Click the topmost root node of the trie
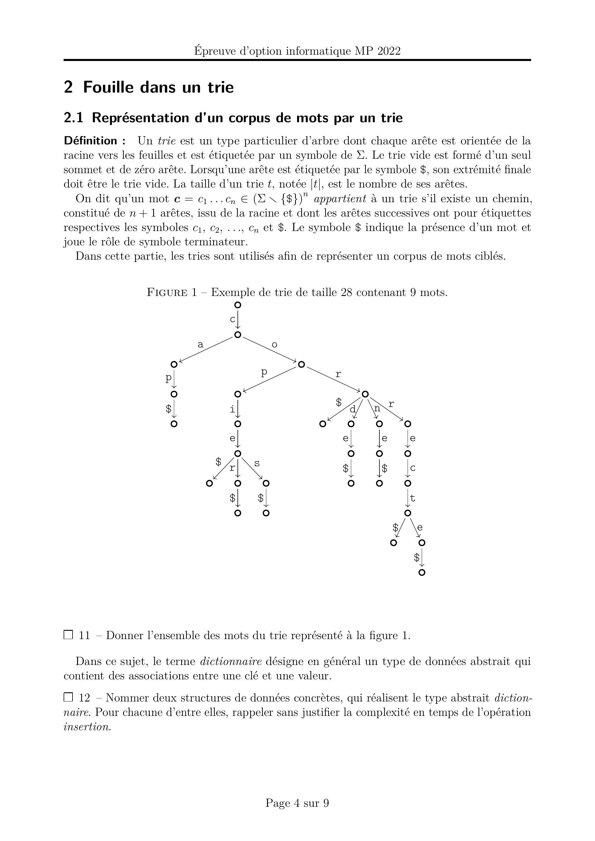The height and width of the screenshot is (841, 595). pos(237,305)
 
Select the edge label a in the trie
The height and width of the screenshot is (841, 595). pos(200,345)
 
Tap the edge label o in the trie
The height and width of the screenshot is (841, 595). pos(274,345)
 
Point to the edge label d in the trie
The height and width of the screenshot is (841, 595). pos(353,410)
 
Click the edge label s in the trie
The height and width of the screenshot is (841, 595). pos(256,463)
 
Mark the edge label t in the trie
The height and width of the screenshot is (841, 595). pos(412,498)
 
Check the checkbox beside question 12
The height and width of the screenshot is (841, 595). pos(68,697)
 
